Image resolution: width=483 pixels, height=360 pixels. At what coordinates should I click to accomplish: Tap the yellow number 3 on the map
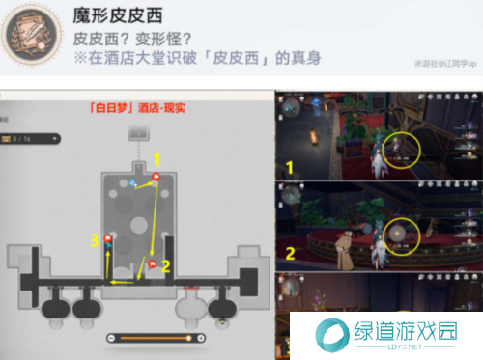94,239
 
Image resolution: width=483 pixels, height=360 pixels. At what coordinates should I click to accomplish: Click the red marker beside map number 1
156,177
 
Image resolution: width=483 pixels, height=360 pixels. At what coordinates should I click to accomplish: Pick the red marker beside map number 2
153,263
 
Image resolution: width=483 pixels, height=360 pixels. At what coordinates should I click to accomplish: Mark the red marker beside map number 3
108,238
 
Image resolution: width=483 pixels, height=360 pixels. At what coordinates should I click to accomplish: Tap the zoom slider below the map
156,338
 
